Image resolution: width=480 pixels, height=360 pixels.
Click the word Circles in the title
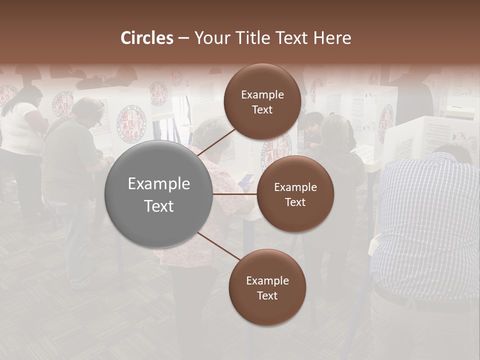147,38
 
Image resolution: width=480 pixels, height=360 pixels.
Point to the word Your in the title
210,38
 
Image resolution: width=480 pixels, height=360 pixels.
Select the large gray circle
159,194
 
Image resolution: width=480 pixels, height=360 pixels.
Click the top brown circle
262,101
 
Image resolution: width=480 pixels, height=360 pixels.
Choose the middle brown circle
295,194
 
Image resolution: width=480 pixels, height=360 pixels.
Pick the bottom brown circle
267,287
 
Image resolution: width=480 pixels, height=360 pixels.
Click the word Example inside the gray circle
159,183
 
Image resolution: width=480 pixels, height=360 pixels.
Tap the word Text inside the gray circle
159,205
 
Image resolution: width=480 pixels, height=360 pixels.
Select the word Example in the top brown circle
262,94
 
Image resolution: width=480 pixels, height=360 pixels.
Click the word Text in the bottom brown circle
267,295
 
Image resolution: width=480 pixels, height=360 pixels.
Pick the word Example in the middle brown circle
295,187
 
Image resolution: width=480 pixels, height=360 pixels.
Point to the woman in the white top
22,135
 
